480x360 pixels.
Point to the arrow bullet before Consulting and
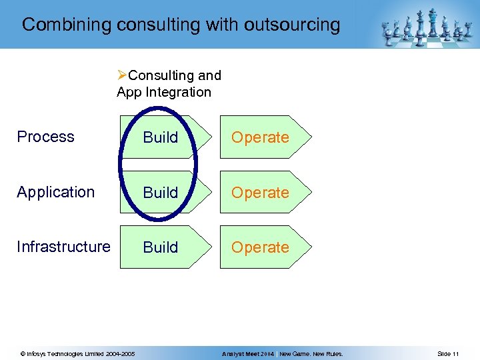coord(122,75)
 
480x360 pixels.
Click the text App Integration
coord(164,92)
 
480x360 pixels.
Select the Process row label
coord(45,137)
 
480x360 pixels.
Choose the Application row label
coord(56,192)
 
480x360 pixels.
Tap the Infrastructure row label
coord(63,247)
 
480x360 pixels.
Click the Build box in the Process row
coord(161,137)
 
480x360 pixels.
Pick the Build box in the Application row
coord(161,193)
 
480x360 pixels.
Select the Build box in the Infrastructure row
coord(161,247)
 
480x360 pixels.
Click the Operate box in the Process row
coord(261,137)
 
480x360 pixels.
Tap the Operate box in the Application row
coord(261,193)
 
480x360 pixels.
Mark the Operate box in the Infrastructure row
coord(261,247)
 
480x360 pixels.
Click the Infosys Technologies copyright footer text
coord(77,353)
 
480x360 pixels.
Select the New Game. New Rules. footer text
coord(311,353)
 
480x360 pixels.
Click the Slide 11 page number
coord(448,353)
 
